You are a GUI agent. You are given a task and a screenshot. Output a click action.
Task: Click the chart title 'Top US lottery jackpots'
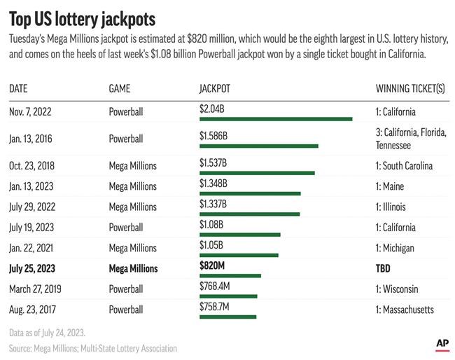point(82,17)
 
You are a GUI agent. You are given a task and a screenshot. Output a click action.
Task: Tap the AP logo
point(442,344)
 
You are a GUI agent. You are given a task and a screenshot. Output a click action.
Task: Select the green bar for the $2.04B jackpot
point(276,119)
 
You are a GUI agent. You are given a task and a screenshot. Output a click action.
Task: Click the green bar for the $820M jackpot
point(230,275)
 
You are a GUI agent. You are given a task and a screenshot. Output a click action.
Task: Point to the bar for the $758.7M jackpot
point(227,317)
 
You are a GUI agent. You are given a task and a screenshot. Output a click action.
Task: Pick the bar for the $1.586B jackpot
point(259,146)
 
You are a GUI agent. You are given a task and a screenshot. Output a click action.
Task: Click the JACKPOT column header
point(215,89)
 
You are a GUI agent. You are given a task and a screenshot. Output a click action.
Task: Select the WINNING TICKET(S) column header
point(411,89)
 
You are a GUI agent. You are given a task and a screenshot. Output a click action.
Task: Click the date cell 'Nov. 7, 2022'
point(31,111)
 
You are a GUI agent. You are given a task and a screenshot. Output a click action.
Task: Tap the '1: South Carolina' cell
point(404,166)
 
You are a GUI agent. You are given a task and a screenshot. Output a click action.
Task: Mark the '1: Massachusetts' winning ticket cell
point(405,310)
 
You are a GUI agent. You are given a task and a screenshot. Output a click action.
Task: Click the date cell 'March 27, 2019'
point(37,289)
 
